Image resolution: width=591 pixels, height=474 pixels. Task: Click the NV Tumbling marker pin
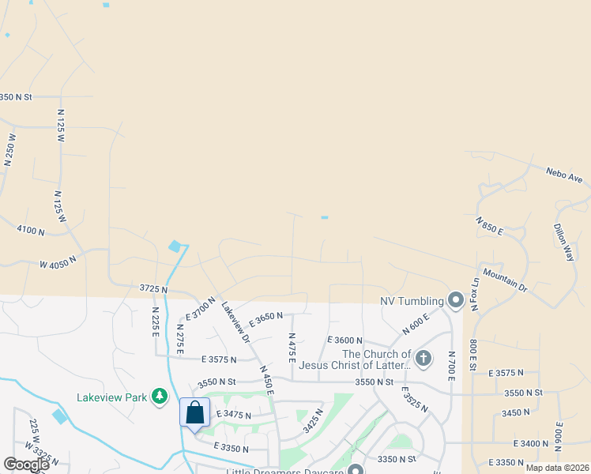455,299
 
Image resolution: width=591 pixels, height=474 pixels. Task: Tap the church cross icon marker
423,359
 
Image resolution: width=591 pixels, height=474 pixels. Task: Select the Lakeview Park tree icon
160,396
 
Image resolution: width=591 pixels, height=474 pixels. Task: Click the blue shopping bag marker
194,413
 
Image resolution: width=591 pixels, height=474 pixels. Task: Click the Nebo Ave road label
564,175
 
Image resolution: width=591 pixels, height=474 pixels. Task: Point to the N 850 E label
490,225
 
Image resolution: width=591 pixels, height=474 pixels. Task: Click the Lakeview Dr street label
235,323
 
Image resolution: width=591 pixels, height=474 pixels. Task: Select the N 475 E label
292,348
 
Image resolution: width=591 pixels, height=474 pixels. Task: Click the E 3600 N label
344,340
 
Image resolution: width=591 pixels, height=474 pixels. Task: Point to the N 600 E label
415,322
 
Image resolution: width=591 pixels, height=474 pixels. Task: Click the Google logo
26,465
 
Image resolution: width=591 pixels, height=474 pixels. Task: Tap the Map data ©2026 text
557,468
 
